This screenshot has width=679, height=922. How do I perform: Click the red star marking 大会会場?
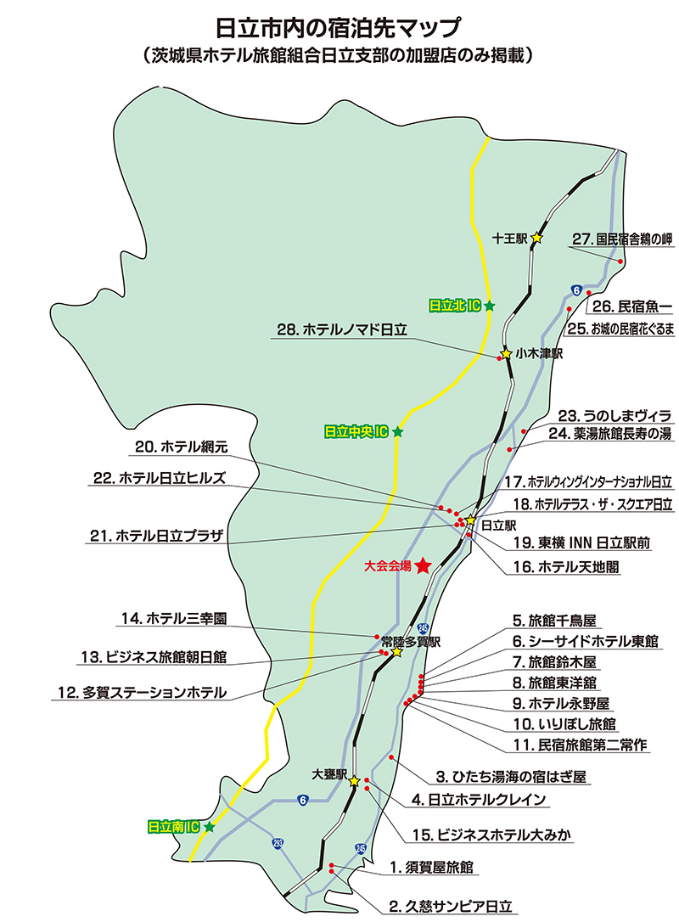pos(422,565)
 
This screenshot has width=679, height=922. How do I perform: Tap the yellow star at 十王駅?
pos(536,239)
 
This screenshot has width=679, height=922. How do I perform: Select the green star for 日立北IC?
pos(489,305)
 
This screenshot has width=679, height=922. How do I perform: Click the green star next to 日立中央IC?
pos(397,432)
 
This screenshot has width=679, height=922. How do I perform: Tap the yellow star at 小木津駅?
pos(506,353)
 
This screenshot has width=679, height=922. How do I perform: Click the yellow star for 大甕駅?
pos(354,780)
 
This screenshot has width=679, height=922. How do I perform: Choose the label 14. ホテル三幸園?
pos(174,619)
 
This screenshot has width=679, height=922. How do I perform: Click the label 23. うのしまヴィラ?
pos(615,416)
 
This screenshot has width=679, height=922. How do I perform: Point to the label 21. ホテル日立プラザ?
pos(156,536)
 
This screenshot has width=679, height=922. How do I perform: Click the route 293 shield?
pos(278,843)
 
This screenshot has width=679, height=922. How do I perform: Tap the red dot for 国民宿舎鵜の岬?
pos(621,261)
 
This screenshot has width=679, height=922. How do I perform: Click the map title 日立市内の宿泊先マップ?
pos(339,26)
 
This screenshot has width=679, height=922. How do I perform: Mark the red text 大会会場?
pos(387,565)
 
